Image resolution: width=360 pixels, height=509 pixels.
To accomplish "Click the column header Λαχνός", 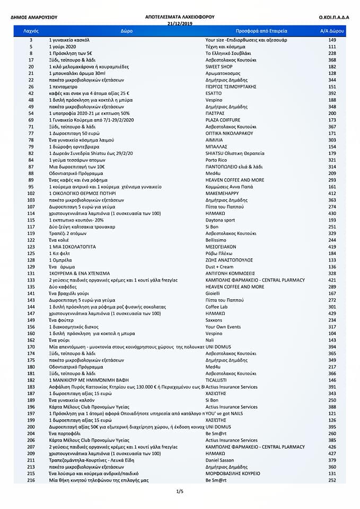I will (31, 32).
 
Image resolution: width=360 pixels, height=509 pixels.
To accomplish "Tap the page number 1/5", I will (180, 492).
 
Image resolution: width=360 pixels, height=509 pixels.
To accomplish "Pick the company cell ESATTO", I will (214, 93).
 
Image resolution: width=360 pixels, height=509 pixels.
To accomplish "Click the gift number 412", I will (332, 194).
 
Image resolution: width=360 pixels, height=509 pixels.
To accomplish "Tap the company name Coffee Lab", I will (217, 307).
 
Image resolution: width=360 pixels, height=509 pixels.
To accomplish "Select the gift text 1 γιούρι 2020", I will (65, 47).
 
